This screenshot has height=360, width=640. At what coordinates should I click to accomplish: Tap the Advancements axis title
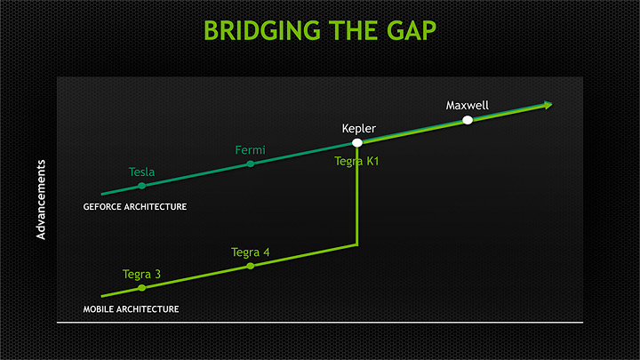41,200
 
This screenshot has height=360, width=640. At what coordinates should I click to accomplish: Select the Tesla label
142,172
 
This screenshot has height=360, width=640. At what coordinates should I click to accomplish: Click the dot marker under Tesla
142,185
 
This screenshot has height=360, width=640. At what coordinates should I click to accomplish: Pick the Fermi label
250,150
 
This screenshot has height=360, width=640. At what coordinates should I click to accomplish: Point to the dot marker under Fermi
250,164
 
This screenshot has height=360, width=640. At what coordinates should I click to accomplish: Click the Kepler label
359,129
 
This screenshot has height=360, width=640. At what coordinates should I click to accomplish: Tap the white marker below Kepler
357,142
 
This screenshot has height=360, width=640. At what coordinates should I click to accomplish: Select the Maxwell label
467,106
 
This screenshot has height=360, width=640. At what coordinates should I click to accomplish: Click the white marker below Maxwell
468,120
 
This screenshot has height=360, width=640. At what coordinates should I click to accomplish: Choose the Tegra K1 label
357,161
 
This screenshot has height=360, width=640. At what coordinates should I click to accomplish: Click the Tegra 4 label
250,252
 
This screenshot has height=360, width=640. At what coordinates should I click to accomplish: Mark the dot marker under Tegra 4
250,266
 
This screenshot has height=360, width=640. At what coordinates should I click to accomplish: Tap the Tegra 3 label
141,274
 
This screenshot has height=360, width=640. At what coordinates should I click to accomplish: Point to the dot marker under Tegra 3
142,288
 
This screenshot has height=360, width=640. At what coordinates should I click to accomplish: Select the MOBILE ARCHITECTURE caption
131,309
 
